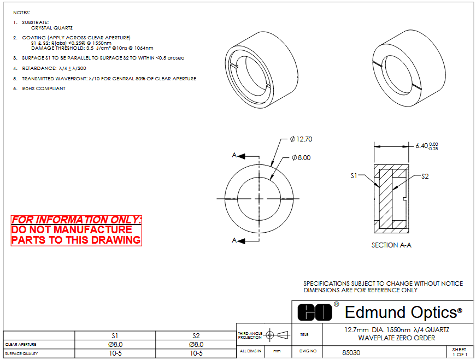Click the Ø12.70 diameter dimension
point(301,139)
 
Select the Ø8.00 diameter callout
point(301,157)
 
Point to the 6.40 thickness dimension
point(426,146)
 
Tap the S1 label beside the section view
point(354,176)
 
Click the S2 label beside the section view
point(425,176)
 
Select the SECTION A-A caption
point(391,245)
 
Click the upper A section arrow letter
point(234,155)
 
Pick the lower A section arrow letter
point(234,240)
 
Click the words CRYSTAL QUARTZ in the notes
point(52,28)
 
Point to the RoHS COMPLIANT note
point(44,88)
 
